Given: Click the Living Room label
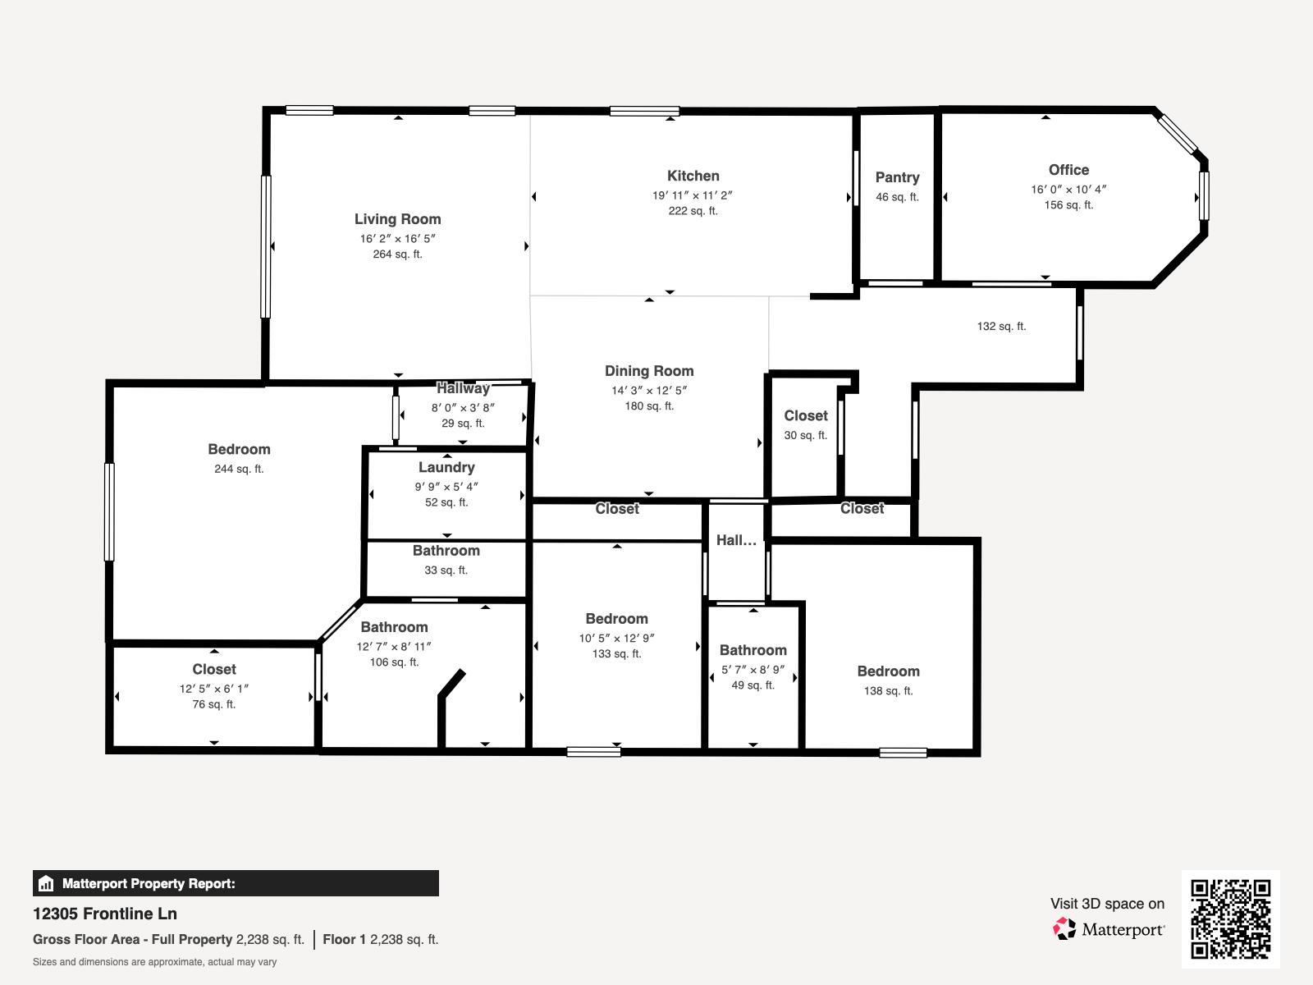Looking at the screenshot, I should pos(397,219).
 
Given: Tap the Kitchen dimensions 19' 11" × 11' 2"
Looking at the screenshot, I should pos(693,195).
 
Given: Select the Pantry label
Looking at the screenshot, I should pos(897,177).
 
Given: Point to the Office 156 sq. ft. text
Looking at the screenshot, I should pos(1068,205).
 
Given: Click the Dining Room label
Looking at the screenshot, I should pos(649,371).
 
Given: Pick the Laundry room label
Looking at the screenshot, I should pos(446,467).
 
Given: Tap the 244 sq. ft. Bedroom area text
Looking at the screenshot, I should pos(239,469).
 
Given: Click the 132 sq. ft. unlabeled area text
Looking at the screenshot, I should pos(1001,326).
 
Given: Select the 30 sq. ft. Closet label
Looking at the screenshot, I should pos(806,415).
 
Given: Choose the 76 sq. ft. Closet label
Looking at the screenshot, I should pos(214,669).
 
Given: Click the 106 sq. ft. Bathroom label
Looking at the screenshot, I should pos(394,627).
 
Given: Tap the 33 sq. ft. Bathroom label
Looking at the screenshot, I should pos(446,551).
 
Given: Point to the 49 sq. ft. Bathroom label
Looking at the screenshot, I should pos(753,650).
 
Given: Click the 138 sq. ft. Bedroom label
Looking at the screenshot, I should pos(888,671).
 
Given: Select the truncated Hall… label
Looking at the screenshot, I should pos(736,540).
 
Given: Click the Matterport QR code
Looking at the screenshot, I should pos(1230,919).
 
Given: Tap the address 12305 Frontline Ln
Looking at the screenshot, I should pos(105,914).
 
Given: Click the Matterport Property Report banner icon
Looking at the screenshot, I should pos(46,884).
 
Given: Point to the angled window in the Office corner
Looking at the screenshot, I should pos(1178,134).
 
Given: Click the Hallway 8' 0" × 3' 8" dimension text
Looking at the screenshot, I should pos(463,408).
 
